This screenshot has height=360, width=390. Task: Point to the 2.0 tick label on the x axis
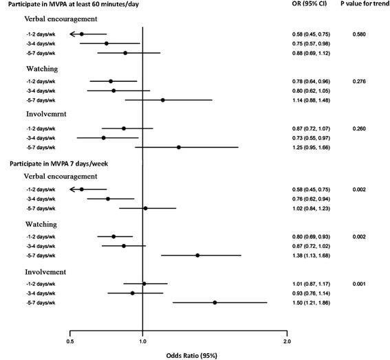[287, 320]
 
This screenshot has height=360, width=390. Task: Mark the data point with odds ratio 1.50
[215, 302]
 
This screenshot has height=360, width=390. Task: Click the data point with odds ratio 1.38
[197, 255]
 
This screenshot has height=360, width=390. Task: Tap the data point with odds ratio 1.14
[163, 100]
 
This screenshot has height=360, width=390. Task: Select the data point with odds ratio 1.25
[179, 147]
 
